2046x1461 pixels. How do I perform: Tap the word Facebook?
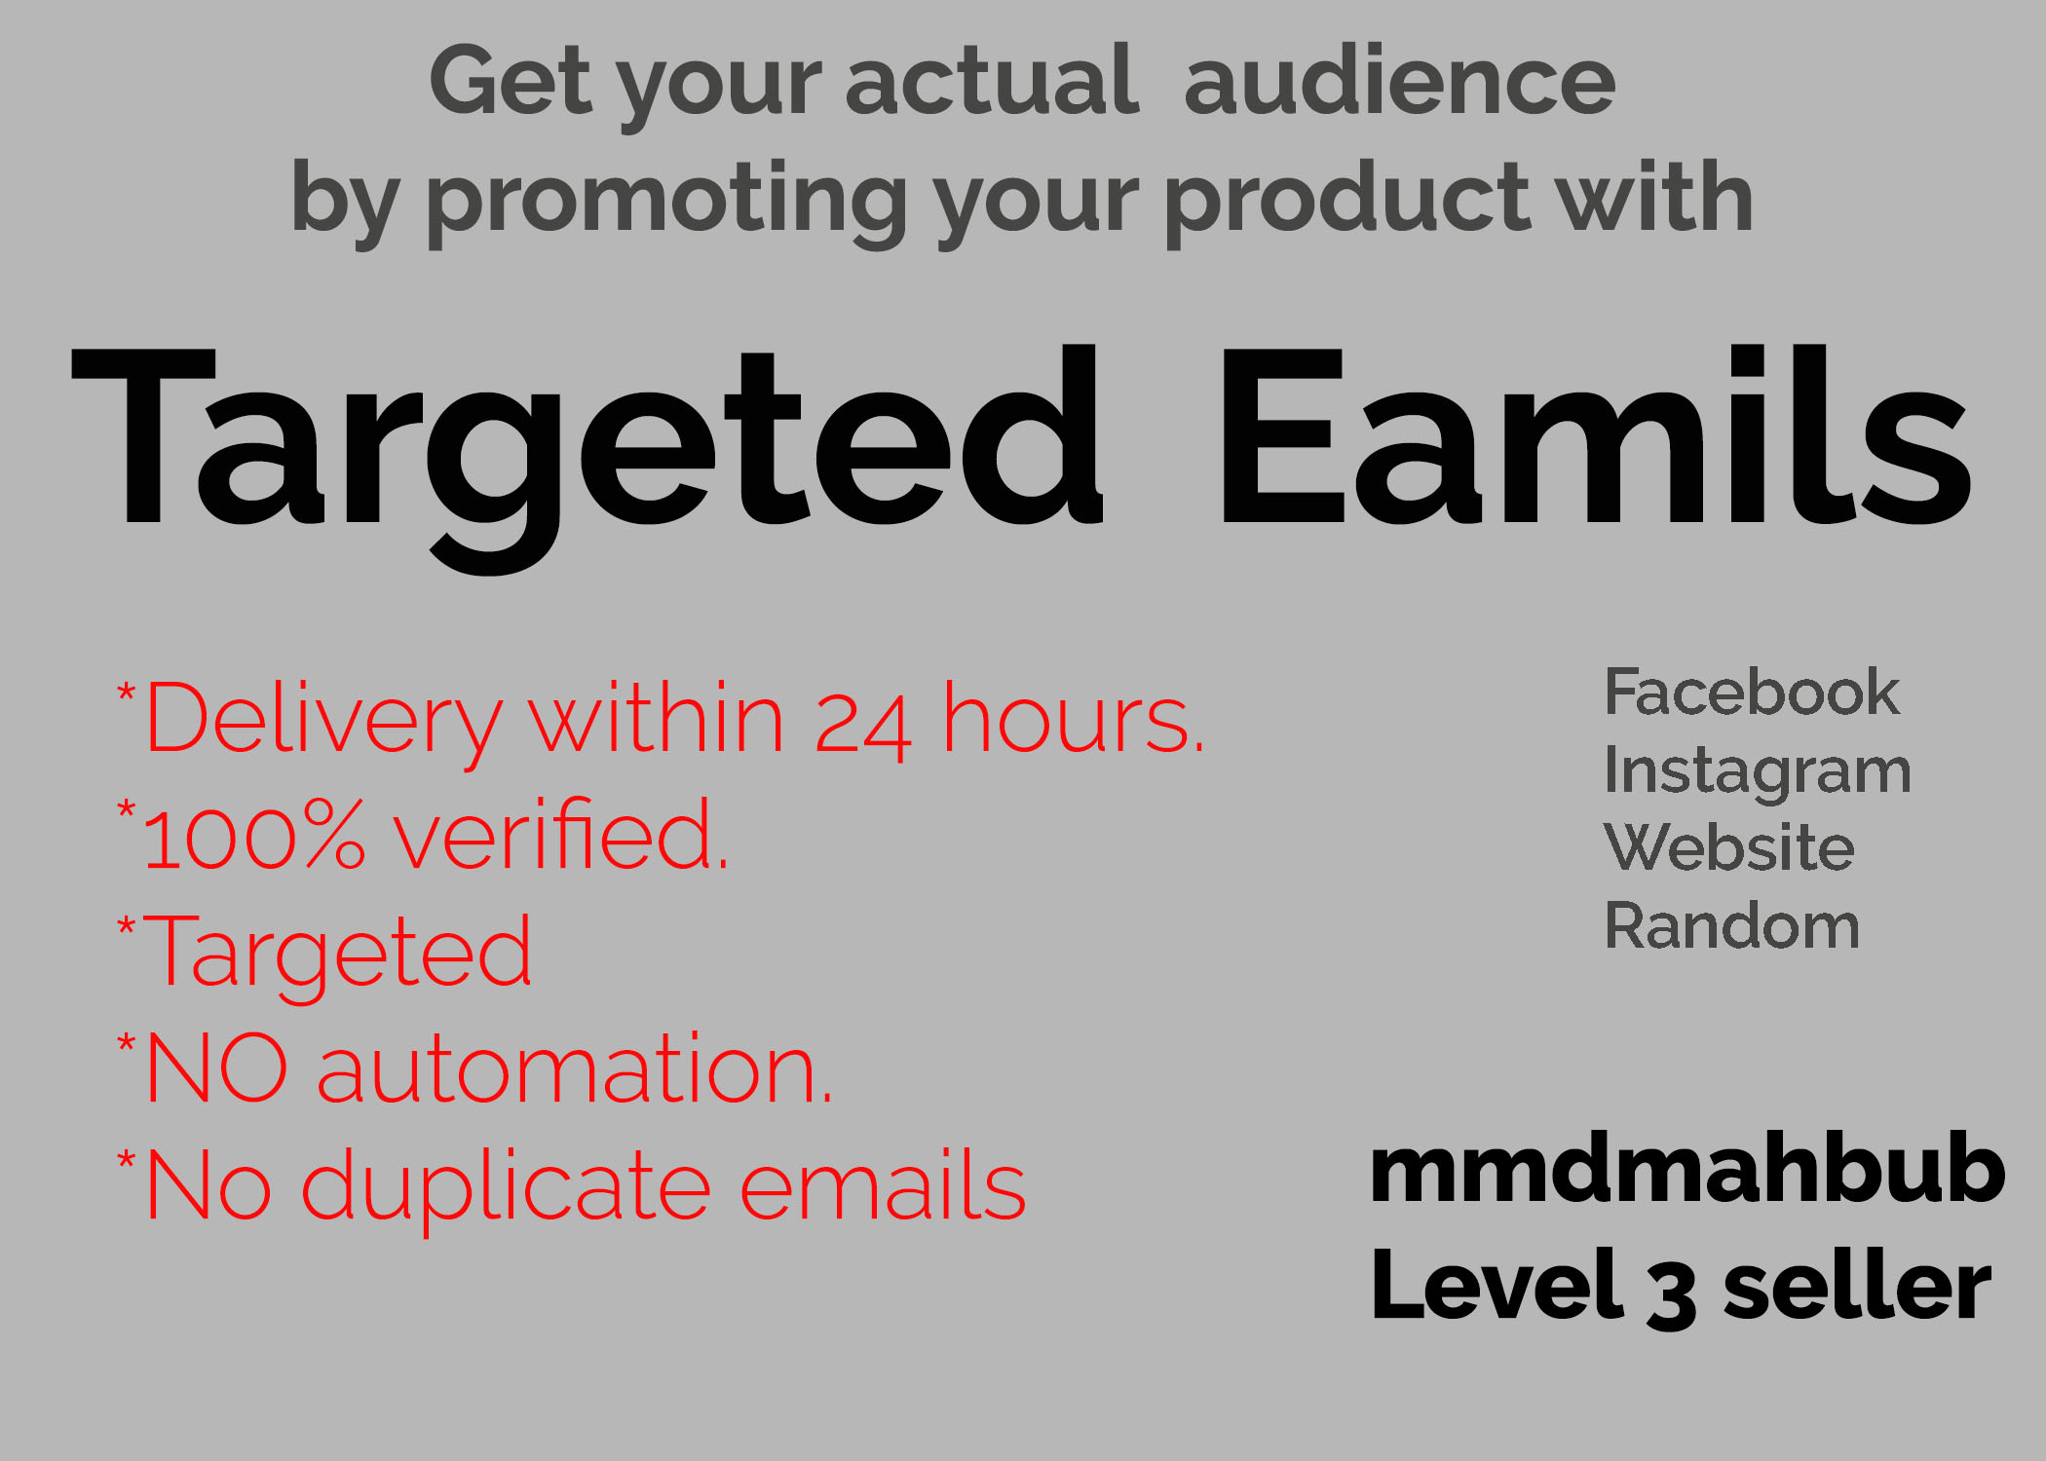click(x=1752, y=693)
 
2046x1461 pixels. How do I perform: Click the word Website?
click(x=1729, y=846)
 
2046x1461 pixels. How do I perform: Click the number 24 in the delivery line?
click(x=863, y=725)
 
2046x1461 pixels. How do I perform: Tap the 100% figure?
click(x=253, y=835)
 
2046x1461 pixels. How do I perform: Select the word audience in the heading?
click(x=1400, y=81)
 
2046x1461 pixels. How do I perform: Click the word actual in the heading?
click(x=991, y=81)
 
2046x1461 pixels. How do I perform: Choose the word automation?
click(x=575, y=1070)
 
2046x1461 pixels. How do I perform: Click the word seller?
click(x=1857, y=1286)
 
